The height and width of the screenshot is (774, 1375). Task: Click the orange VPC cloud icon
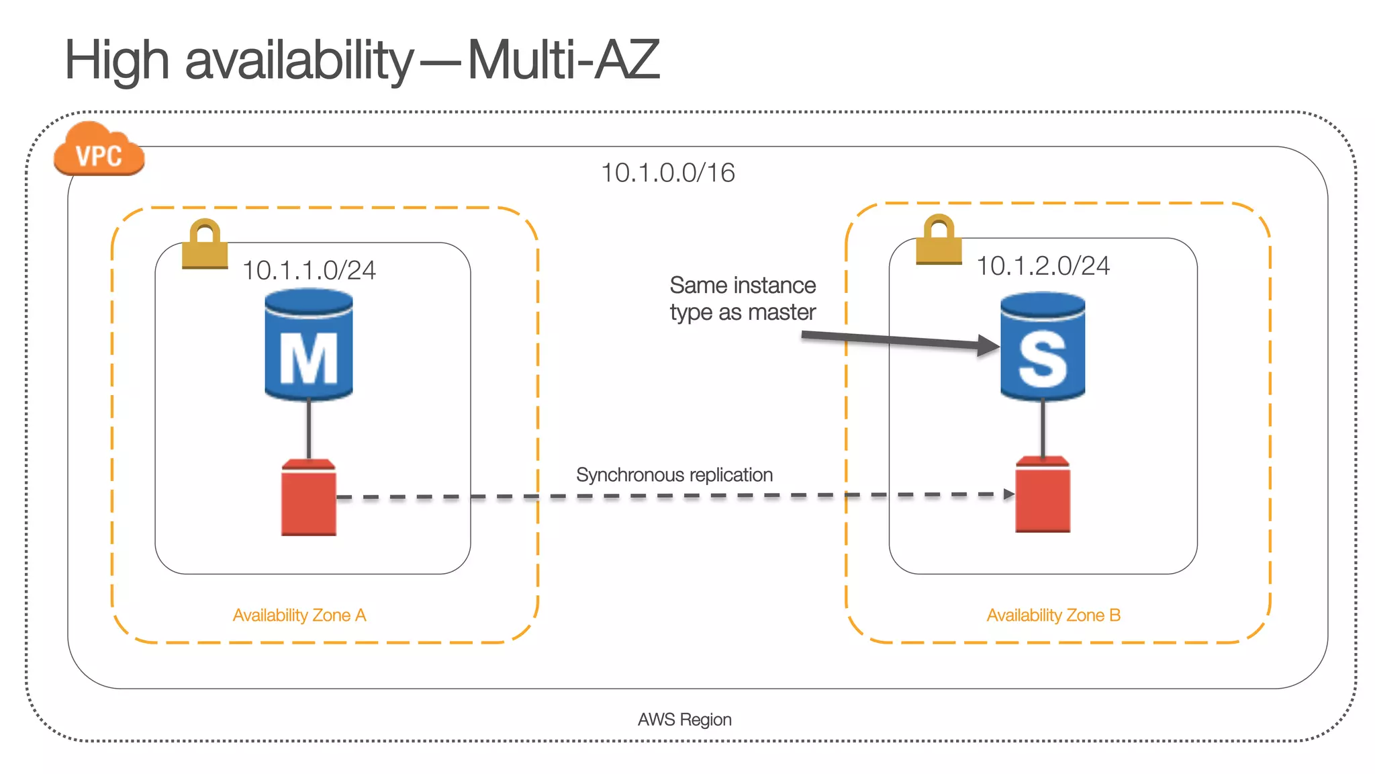point(99,151)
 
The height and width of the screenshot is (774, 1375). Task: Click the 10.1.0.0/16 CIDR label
point(667,173)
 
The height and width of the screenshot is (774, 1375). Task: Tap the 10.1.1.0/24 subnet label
point(309,270)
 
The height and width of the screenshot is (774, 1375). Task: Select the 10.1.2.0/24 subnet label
point(1043,266)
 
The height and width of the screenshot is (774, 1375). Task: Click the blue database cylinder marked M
point(309,345)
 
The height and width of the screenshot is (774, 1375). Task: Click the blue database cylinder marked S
point(1043,347)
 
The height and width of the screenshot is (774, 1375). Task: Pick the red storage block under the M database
point(309,498)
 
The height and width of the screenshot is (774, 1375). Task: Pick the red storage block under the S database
point(1043,495)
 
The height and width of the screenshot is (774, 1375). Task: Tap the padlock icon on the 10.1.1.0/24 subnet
point(205,244)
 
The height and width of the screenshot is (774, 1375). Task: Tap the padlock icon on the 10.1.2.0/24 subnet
point(939,239)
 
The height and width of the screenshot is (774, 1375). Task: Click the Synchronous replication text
point(674,475)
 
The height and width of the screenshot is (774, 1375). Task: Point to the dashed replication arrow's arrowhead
point(1008,494)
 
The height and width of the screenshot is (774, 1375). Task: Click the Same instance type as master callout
point(743,299)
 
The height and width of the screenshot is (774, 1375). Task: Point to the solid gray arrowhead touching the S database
point(989,345)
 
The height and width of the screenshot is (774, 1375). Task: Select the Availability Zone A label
point(299,615)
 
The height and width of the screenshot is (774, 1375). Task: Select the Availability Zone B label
point(1053,615)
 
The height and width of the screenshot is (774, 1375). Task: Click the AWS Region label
point(684,720)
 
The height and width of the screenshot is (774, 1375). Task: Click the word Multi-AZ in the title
point(563,60)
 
